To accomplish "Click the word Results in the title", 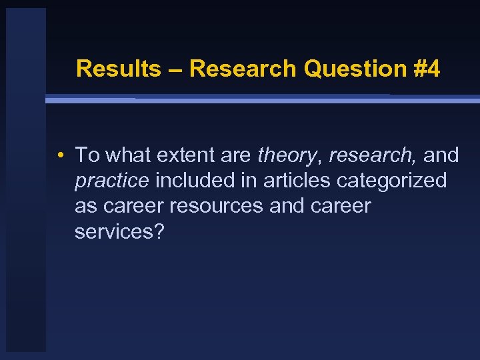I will pyautogui.click(x=118, y=69).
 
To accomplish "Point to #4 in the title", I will pyautogui.click(x=426, y=69).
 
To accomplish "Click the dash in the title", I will pyautogui.click(x=175, y=69).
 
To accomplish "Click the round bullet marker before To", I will pyautogui.click(x=60, y=156).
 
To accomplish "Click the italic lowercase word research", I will pyautogui.click(x=371, y=155).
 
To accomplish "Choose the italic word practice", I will pyautogui.click(x=111, y=181).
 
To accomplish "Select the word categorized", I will pyautogui.click(x=395, y=181).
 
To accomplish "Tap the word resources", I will pyautogui.click(x=217, y=206).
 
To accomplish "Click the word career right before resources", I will pyautogui.click(x=134, y=206).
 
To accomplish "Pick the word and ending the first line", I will pyautogui.click(x=441, y=155).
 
